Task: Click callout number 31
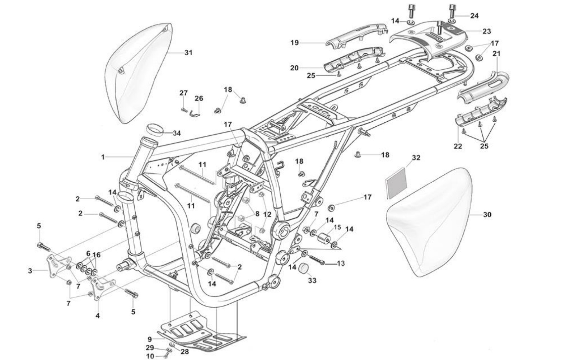tap(188, 53)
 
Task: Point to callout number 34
tap(177, 134)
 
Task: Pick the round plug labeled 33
tap(304, 268)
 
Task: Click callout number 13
tap(341, 263)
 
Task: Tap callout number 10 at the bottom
tap(150, 356)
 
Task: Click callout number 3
tap(30, 271)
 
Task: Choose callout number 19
tap(294, 43)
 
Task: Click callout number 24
tap(474, 16)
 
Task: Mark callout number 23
tap(486, 31)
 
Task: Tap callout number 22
tap(458, 146)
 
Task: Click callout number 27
tap(183, 93)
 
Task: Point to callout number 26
tap(199, 98)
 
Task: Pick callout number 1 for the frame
tap(103, 157)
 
